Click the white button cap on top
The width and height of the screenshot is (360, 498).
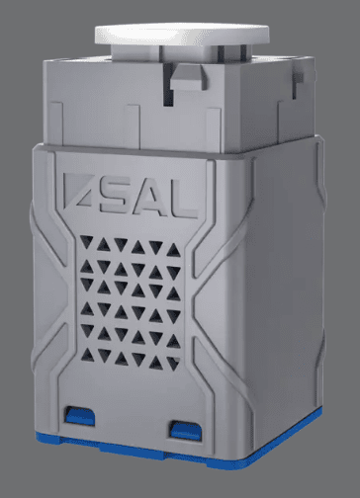[182, 34]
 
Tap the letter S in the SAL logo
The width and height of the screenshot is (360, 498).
[115, 197]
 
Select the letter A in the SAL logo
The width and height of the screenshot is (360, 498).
[149, 199]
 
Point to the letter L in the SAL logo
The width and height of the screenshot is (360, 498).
[184, 200]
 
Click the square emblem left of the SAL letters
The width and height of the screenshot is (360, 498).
[76, 192]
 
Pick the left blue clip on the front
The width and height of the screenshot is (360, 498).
[80, 416]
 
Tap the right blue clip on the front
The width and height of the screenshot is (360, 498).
[186, 430]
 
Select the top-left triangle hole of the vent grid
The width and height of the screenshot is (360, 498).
[87, 241]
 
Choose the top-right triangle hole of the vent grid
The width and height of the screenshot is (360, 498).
[173, 251]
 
